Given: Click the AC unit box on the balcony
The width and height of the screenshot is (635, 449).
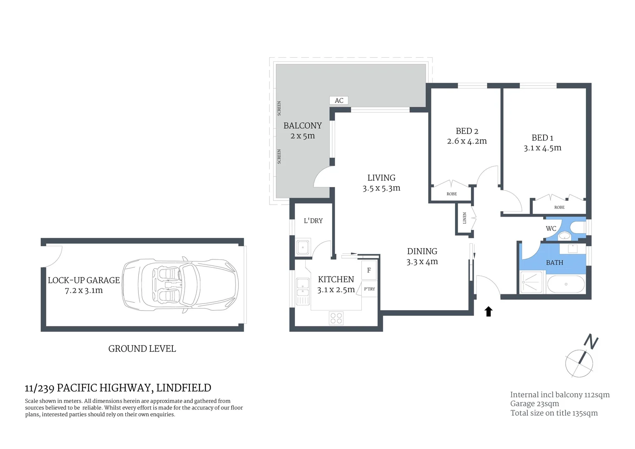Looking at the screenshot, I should (x=338, y=100).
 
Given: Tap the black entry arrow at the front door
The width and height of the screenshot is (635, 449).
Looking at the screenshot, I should (x=488, y=311).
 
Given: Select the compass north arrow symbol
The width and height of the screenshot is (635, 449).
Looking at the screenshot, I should (x=579, y=362).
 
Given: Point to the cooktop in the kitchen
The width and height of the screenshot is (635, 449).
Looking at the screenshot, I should (x=336, y=318).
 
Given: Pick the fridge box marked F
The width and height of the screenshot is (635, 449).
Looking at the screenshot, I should (x=369, y=270).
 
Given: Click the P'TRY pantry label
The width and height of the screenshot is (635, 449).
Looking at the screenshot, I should (x=369, y=289).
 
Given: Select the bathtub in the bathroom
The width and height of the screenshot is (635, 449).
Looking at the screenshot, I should (x=566, y=285).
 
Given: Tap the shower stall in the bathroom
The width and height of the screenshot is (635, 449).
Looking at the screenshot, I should (x=531, y=282).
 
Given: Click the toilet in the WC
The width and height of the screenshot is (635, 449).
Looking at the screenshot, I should (x=578, y=227).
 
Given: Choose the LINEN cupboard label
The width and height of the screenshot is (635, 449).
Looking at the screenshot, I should (x=464, y=218).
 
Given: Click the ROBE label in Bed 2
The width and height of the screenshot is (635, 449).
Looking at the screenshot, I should (x=451, y=194).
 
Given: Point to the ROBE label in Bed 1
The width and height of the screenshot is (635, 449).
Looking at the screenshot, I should (x=559, y=207).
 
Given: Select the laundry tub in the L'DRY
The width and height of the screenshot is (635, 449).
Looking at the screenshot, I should (x=302, y=247).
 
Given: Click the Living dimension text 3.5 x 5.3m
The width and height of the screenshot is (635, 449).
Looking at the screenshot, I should (x=381, y=188).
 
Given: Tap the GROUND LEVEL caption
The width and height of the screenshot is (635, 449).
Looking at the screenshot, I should (x=142, y=349).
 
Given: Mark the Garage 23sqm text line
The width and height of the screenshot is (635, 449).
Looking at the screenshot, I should (x=534, y=404).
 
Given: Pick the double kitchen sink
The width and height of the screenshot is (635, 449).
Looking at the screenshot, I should (x=302, y=291).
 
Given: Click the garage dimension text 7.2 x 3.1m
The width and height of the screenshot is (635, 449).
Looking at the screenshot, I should (x=83, y=291).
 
